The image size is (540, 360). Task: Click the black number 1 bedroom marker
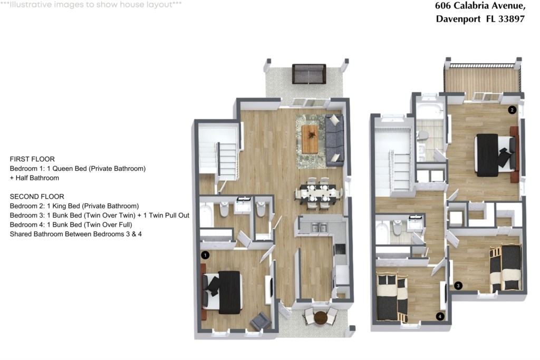tap(205, 255)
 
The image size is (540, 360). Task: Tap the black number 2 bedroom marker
tap(512, 110)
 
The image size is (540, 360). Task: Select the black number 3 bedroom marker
tap(458, 285)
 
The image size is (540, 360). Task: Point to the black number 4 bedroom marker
tap(440, 316)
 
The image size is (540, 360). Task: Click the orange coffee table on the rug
tap(310, 139)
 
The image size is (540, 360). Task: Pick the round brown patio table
tap(321, 317)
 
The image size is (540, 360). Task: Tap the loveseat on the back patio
tap(309, 74)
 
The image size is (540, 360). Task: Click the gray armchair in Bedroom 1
tap(261, 322)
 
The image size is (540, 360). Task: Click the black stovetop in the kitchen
tap(340, 249)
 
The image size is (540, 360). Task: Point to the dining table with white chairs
tap(318, 193)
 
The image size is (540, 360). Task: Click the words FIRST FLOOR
tap(32, 159)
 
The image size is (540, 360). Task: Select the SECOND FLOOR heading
tap(37, 197)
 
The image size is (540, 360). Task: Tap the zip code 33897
tap(512, 18)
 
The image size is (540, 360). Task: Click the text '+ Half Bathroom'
tap(34, 178)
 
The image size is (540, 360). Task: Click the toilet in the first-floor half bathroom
tap(261, 209)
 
